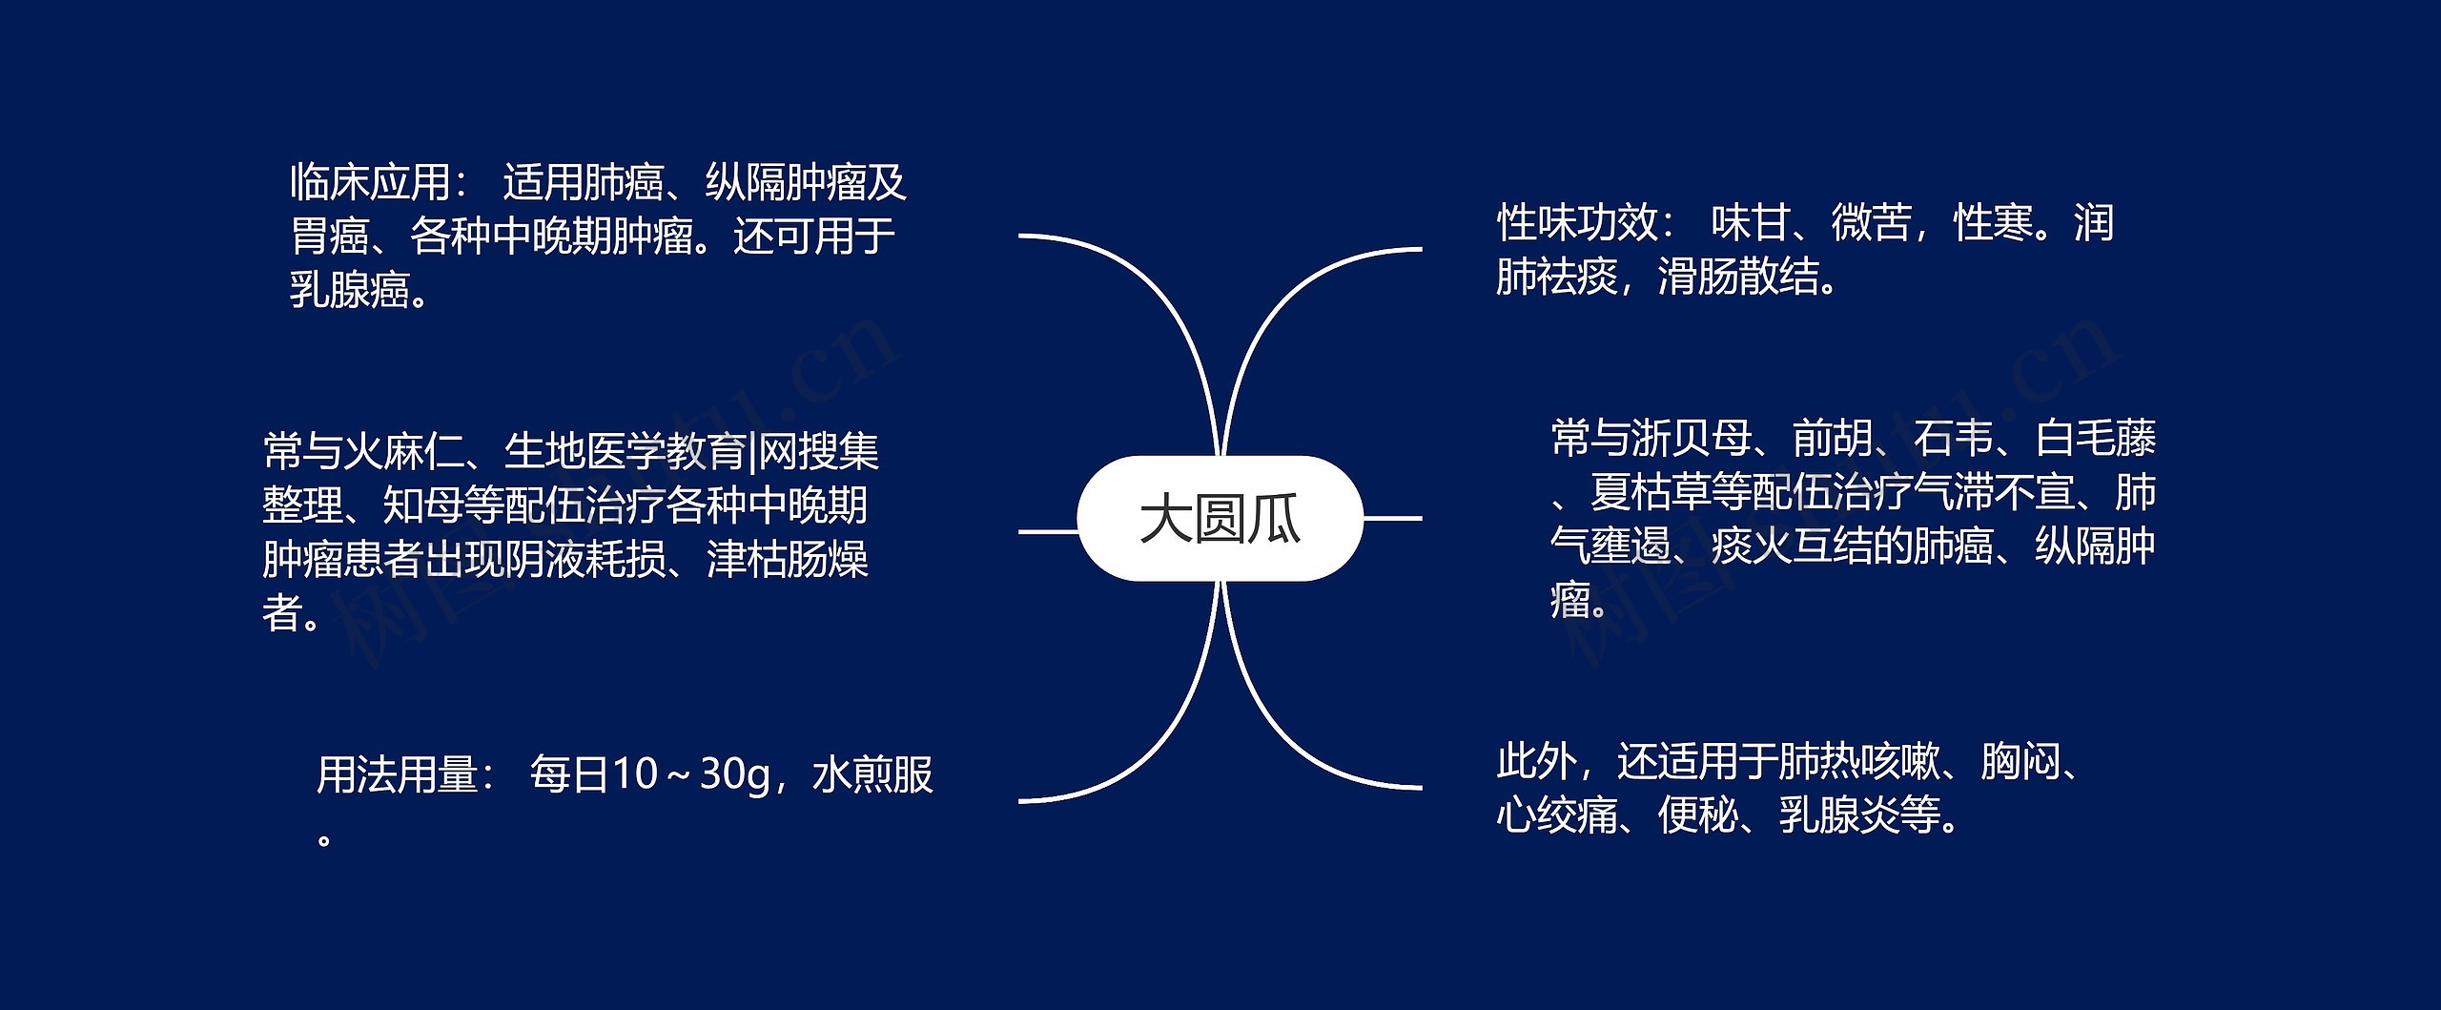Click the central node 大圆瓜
[1220, 519]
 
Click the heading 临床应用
[370, 182]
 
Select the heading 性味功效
[1577, 223]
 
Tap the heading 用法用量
[397, 774]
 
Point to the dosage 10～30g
[690, 774]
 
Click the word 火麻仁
[402, 451]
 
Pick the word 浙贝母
[1692, 439]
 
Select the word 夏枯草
[1651, 493]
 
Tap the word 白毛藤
[2096, 439]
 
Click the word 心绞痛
[1557, 815]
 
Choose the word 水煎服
[872, 774]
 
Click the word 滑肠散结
[1738, 278]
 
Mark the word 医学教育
[665, 451]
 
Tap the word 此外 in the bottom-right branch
[1537, 761]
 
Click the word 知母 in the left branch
[422, 505]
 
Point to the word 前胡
[1833, 439]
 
